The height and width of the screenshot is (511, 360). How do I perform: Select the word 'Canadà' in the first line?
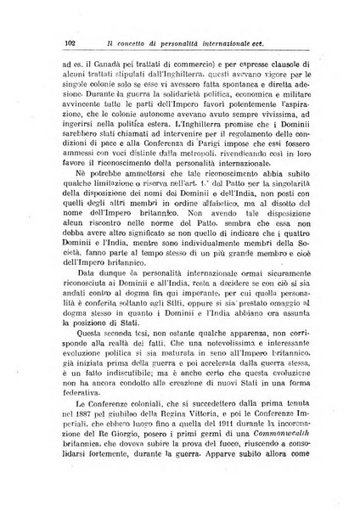point(98,62)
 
